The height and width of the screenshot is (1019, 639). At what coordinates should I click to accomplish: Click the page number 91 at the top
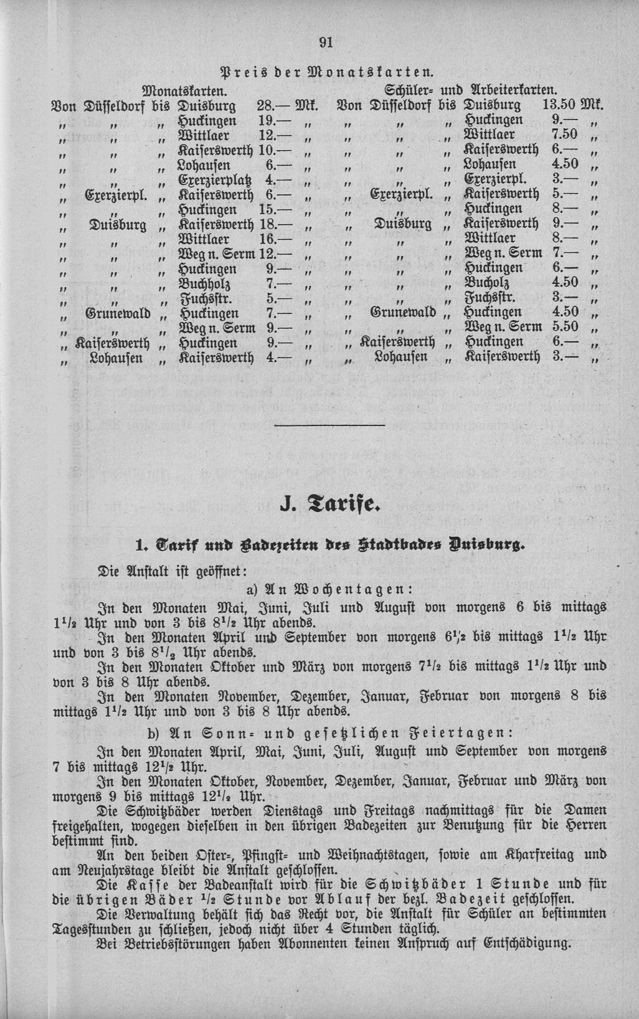326,42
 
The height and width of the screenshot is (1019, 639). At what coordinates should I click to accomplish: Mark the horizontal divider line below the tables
329,425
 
